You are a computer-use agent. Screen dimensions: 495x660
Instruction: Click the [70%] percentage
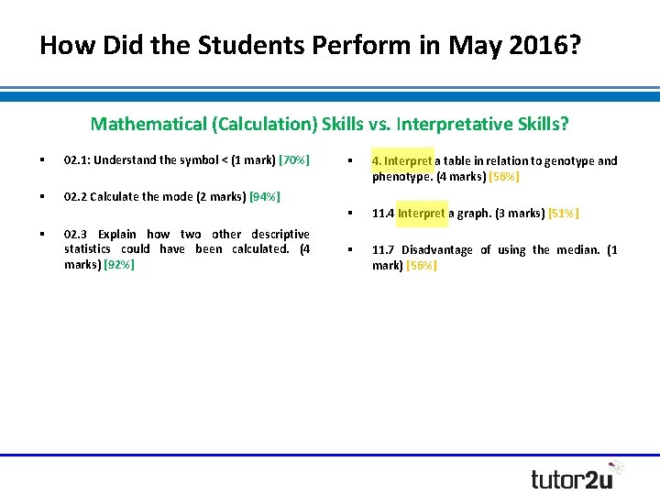(294, 160)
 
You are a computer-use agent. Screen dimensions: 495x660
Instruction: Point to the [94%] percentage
(264, 196)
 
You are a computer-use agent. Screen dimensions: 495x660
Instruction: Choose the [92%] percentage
(119, 264)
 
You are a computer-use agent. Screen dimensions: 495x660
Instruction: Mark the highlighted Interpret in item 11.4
(422, 214)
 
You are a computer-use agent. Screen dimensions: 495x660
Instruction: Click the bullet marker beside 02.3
(42, 234)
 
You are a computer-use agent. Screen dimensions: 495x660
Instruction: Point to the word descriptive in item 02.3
(279, 234)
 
